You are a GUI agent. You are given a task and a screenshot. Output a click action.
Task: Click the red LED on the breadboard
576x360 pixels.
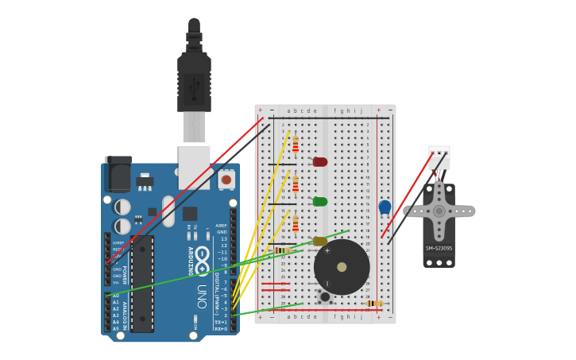320,162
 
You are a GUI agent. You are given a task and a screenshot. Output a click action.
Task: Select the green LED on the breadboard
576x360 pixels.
320,202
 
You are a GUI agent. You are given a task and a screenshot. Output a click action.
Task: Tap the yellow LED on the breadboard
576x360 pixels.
320,241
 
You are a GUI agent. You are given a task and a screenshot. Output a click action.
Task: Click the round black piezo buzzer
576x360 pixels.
342,267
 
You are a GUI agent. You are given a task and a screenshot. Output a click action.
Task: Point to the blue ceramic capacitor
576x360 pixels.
385,207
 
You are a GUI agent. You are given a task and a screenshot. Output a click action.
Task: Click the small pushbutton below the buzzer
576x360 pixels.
324,297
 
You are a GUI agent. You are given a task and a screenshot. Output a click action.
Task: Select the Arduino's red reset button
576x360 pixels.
226,180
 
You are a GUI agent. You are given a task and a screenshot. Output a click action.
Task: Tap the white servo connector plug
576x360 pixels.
439,157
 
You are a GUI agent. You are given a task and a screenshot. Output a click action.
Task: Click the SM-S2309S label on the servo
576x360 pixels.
439,248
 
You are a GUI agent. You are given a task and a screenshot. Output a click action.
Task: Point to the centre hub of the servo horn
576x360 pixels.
439,211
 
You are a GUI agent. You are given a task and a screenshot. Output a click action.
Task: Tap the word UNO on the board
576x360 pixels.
202,296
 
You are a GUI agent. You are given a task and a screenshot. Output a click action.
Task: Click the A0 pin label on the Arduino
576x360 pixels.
116,296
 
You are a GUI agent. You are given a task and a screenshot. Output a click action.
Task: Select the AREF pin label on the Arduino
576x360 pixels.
222,226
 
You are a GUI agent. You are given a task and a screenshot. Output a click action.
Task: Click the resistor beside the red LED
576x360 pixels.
296,144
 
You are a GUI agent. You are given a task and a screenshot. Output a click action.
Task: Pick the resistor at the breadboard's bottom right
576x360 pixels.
374,304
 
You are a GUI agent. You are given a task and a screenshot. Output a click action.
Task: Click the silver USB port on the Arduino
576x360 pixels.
194,166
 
